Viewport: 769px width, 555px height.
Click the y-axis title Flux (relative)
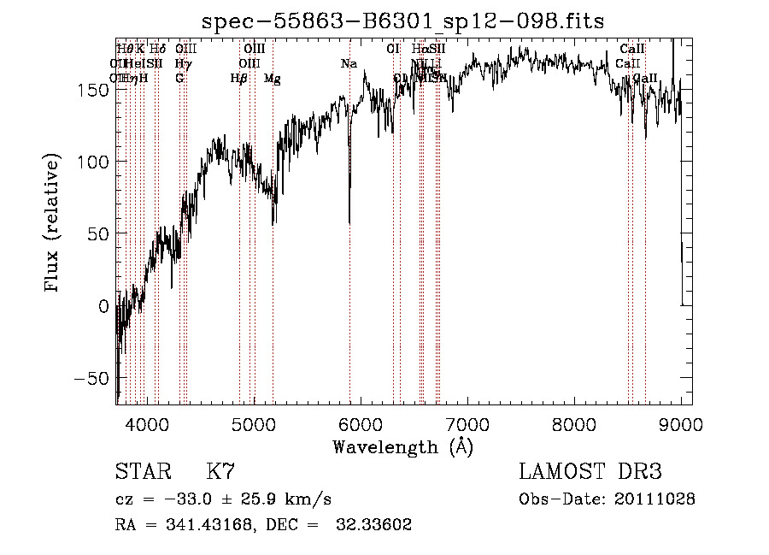pyautogui.click(x=52, y=221)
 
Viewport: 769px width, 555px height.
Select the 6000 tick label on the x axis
pyautogui.click(x=361, y=423)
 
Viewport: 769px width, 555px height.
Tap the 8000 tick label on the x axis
pyautogui.click(x=574, y=423)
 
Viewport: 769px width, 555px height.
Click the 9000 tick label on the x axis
pyautogui.click(x=681, y=423)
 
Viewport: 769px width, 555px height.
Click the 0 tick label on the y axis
pyautogui.click(x=103, y=305)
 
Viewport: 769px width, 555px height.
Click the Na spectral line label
pyautogui.click(x=349, y=63)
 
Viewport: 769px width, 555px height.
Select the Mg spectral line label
pyautogui.click(x=272, y=78)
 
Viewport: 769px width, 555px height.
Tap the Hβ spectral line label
pyautogui.click(x=238, y=78)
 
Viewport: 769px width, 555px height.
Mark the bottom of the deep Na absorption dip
pyautogui.click(x=349, y=222)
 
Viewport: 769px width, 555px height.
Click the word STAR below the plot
pyautogui.click(x=142, y=472)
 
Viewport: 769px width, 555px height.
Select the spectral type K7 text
pyautogui.click(x=220, y=472)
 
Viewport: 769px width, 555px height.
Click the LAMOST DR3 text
pyautogui.click(x=590, y=472)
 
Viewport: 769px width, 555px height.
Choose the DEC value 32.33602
pyautogui.click(x=377, y=525)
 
